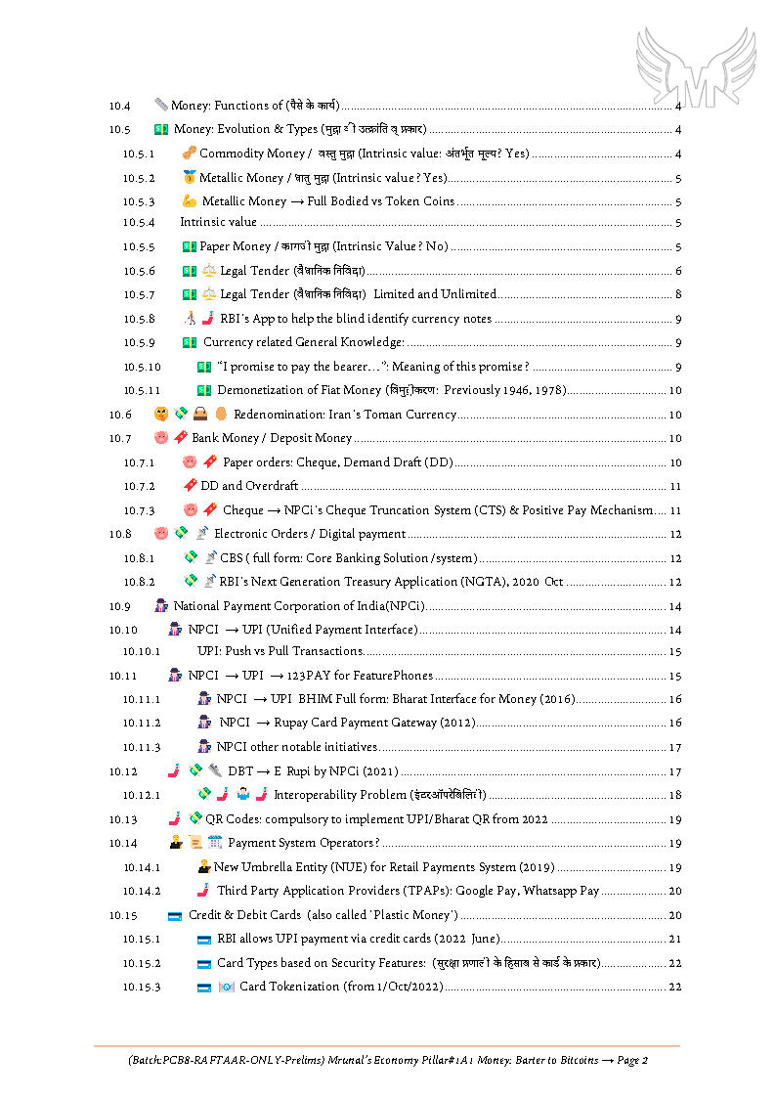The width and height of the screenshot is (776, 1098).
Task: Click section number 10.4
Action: tap(119, 106)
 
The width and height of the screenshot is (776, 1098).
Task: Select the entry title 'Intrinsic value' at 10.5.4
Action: tap(218, 223)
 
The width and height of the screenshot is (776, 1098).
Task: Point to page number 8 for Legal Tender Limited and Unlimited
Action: tap(677, 294)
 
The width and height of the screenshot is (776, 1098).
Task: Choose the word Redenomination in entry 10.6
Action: tap(280, 415)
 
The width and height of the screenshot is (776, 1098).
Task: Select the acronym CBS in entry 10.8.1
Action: tap(231, 558)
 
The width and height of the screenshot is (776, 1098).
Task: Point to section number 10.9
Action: tap(119, 606)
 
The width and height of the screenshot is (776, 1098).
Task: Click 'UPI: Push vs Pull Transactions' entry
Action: tap(280, 651)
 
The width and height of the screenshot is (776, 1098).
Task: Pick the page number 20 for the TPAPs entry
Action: tap(674, 891)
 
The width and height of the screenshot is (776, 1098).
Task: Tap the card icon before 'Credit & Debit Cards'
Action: tap(175, 916)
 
